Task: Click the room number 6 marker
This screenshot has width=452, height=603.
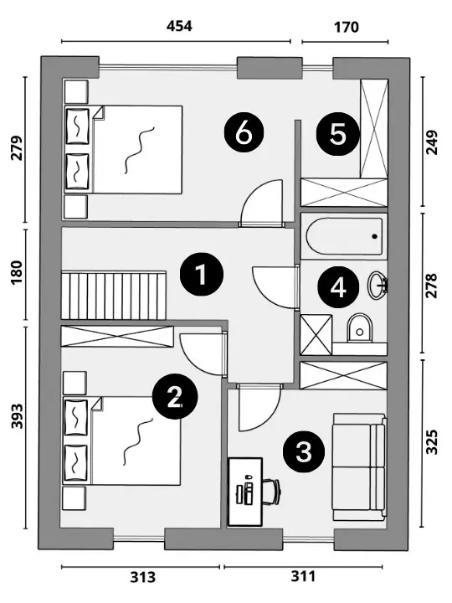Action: [244, 134]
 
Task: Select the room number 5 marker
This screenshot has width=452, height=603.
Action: [338, 134]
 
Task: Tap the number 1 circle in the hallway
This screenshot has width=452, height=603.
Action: [202, 274]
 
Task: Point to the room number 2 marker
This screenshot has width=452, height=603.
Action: [175, 397]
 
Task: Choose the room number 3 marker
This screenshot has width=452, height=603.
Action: [304, 451]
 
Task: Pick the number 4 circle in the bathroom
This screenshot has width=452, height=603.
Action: [338, 287]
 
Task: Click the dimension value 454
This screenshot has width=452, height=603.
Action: [179, 26]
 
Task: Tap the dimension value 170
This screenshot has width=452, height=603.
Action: [347, 28]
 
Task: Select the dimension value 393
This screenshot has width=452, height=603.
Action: [18, 416]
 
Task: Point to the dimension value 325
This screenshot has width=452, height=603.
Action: [432, 442]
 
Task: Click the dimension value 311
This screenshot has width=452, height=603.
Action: [303, 576]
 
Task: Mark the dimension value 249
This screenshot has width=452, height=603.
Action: [432, 142]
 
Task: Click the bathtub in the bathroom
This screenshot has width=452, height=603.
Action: [344, 236]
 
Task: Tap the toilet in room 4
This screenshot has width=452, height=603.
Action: [360, 328]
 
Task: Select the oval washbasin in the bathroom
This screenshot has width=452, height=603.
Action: [378, 285]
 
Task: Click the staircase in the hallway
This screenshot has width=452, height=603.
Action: [114, 296]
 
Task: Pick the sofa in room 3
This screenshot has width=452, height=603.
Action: [359, 467]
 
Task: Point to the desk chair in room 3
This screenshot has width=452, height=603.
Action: [272, 492]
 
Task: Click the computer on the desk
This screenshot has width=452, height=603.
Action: [245, 490]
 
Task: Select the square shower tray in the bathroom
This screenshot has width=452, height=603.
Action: [316, 334]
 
